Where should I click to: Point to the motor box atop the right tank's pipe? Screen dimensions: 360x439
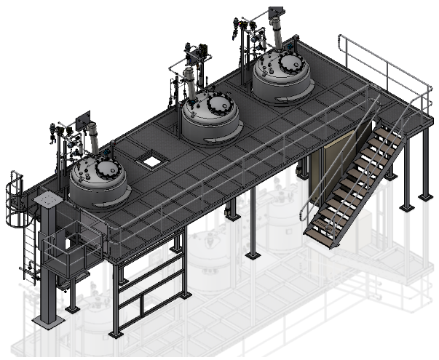(276, 12)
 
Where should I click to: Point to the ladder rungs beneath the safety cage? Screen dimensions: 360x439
(28, 247)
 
